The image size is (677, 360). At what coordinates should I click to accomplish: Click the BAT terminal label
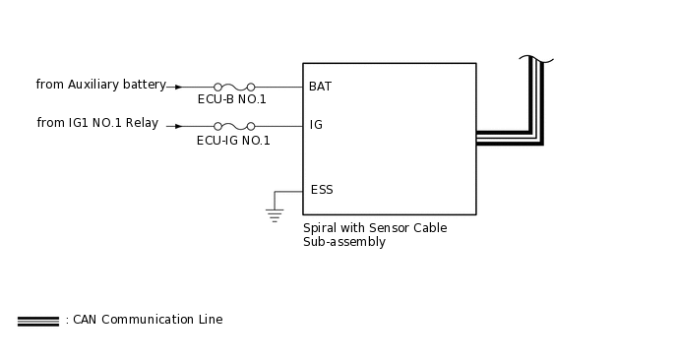click(320, 87)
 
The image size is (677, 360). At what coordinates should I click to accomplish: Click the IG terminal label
click(316, 125)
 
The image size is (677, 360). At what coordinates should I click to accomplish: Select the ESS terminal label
click(321, 190)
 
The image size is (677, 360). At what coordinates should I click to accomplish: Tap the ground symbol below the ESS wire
click(275, 214)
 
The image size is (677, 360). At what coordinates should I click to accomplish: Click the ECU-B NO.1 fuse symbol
click(234, 87)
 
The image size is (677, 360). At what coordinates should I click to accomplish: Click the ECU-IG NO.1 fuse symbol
click(234, 126)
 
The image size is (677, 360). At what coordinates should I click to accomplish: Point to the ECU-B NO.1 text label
click(232, 99)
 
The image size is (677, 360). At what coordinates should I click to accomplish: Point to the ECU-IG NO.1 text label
click(233, 141)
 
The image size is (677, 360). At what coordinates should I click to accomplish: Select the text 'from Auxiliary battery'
click(100, 85)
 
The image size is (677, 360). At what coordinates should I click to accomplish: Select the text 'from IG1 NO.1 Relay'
click(97, 123)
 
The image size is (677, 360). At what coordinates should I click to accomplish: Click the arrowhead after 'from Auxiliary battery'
click(178, 87)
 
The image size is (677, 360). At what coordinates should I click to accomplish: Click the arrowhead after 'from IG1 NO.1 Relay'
click(178, 126)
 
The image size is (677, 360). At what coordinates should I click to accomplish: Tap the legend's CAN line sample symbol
click(37, 321)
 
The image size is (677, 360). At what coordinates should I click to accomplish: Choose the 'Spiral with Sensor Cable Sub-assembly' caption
click(374, 234)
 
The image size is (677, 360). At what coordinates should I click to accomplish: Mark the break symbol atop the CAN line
click(536, 60)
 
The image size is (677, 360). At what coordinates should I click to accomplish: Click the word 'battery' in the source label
click(145, 85)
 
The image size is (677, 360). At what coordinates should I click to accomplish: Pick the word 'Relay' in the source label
click(142, 123)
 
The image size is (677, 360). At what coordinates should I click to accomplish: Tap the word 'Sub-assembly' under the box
click(343, 242)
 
